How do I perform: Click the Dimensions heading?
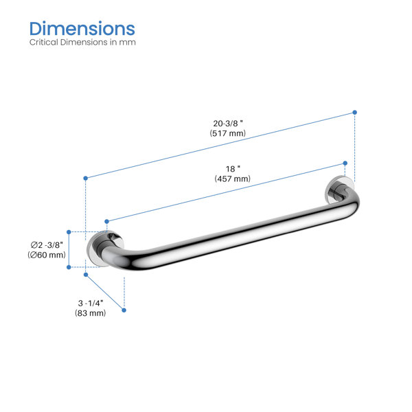82,28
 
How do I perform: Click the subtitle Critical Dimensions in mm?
82,42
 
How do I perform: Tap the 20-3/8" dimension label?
228,123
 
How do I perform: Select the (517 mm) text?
227,133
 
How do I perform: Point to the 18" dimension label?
233,169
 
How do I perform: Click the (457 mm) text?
233,179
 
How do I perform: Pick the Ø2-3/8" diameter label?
47,245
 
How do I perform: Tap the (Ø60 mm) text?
47,255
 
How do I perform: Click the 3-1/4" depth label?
91,304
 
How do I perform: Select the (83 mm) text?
91,313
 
